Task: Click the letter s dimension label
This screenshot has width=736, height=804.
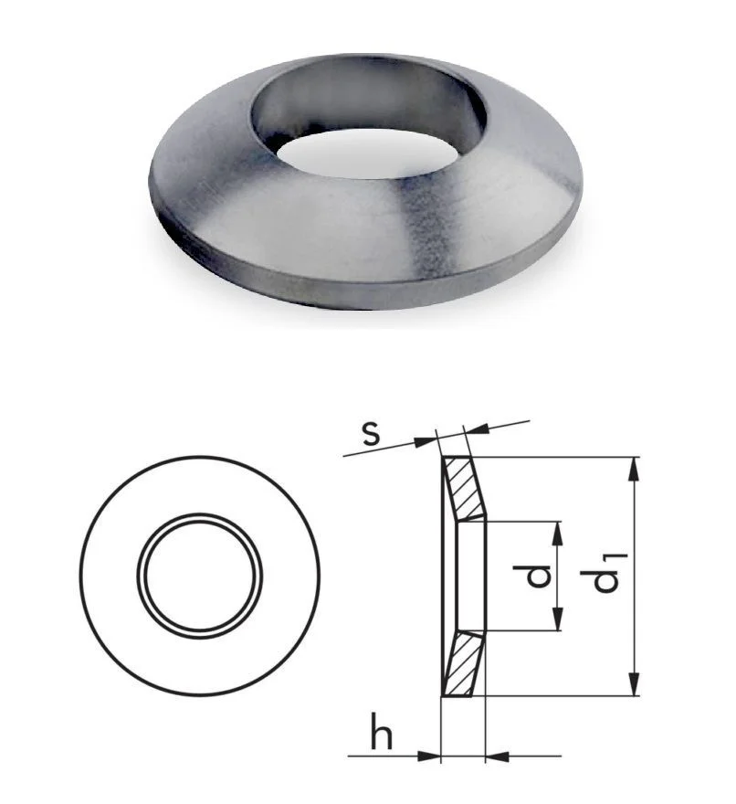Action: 371,434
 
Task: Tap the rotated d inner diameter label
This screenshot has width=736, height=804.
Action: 532,576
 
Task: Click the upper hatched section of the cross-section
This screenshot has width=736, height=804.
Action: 466,487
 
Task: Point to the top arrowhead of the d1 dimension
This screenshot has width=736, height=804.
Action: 635,468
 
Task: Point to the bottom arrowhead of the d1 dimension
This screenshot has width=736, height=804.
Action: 635,684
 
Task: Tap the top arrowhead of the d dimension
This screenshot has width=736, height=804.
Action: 558,534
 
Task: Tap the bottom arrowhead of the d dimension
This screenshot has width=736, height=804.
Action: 558,619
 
